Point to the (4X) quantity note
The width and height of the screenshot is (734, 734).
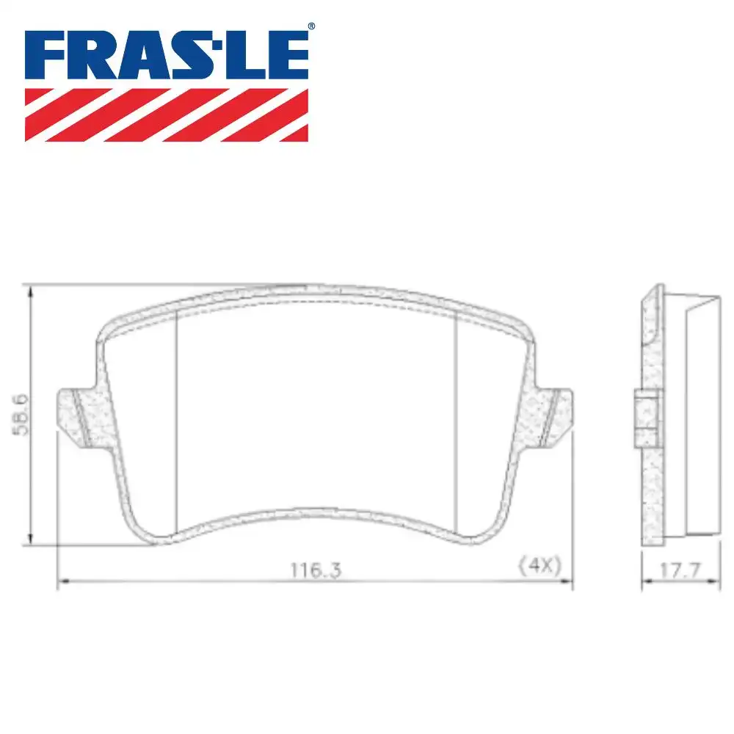tap(539, 566)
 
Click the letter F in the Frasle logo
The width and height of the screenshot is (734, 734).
tap(48, 56)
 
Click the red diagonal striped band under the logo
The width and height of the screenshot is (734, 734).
tap(167, 115)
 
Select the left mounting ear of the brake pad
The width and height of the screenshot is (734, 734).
tap(76, 414)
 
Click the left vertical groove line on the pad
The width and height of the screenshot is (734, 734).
tap(178, 418)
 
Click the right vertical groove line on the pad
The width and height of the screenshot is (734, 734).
tap(457, 418)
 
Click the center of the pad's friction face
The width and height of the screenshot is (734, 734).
tap(317, 411)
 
